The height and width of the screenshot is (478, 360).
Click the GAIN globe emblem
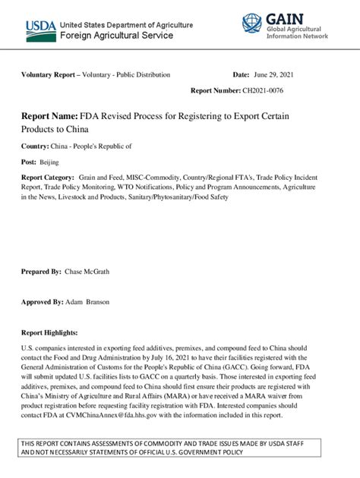251,24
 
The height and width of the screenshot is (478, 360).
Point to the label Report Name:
49,115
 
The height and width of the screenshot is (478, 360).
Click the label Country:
36,146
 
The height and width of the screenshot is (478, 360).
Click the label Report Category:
47,176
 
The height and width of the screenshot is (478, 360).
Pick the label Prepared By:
41,272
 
